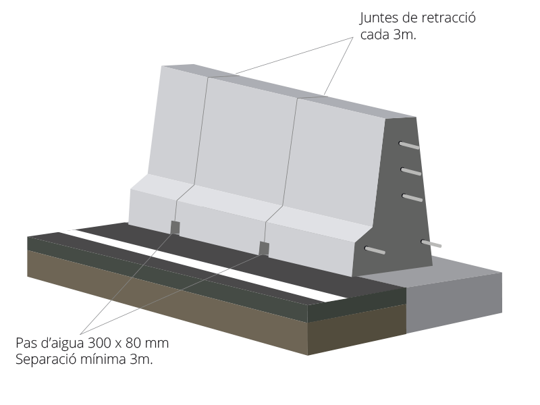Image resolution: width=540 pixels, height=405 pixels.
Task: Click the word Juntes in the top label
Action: tap(378, 18)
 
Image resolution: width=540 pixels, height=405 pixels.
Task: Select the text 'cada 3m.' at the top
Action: tap(388, 35)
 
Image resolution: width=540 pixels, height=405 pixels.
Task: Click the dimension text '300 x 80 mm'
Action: tap(128, 343)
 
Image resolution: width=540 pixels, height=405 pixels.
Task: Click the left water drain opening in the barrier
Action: tap(175, 227)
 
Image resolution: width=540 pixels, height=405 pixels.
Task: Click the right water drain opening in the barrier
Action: tap(264, 248)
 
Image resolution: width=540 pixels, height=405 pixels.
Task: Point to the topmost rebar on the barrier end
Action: tap(409, 146)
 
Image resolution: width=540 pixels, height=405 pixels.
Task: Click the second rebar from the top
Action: tap(411, 171)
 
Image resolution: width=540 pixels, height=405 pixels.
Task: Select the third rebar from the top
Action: tap(412, 197)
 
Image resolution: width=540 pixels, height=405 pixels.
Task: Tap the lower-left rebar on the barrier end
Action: tap(375, 250)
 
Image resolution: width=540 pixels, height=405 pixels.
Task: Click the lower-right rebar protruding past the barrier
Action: tap(431, 244)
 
